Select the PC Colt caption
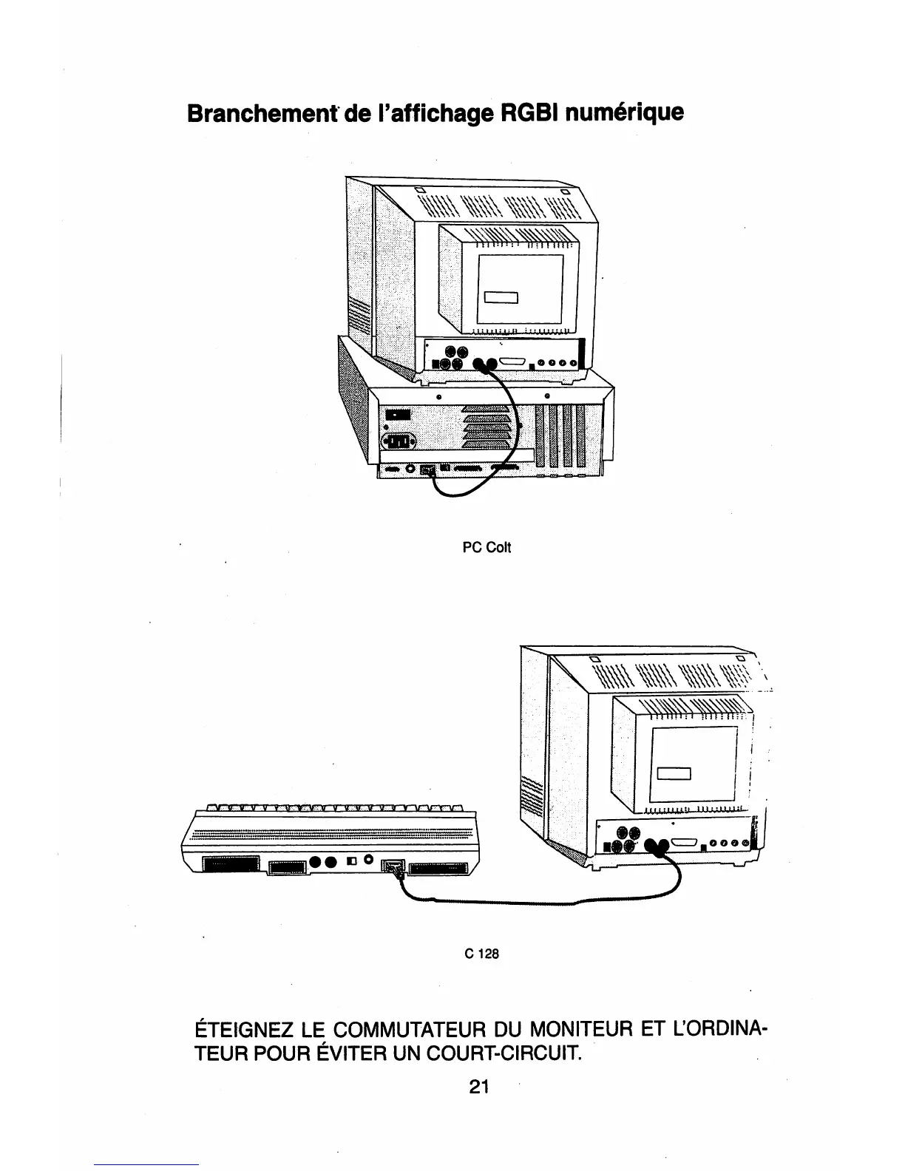pyautogui.click(x=487, y=548)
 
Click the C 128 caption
pyautogui.click(x=482, y=954)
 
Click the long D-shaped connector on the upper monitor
pyautogui.click(x=513, y=363)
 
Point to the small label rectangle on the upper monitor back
pyautogui.click(x=502, y=298)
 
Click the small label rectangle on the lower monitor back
pyautogui.click(x=673, y=773)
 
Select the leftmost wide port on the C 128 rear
pyautogui.click(x=231, y=865)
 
